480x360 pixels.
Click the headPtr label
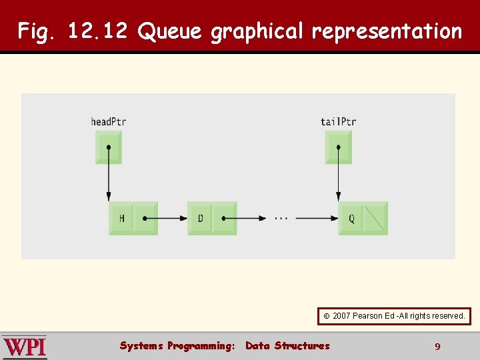(x=108, y=121)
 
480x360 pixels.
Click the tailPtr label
(x=338, y=121)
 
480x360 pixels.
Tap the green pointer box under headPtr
(x=109, y=147)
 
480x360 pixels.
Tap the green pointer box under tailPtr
(x=338, y=147)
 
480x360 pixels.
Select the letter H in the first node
(x=122, y=218)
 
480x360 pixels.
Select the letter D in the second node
(x=201, y=218)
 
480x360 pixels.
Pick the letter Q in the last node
(x=351, y=218)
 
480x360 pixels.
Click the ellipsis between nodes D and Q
(x=281, y=218)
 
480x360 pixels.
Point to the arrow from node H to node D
(x=167, y=218)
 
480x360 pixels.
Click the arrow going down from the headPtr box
(x=109, y=177)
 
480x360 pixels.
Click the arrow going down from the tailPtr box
(x=338, y=177)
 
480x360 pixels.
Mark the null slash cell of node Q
(x=375, y=218)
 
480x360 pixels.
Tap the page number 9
(x=437, y=346)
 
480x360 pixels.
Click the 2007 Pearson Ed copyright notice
(x=394, y=315)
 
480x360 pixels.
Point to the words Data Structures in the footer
(x=287, y=345)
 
